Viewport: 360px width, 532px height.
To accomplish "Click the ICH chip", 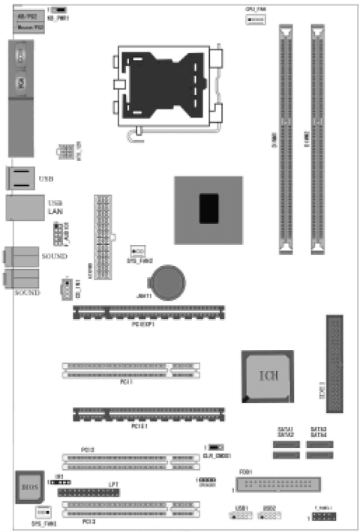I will (268, 374).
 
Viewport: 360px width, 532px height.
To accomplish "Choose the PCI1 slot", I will (132, 369).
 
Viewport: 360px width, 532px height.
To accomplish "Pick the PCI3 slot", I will (132, 509).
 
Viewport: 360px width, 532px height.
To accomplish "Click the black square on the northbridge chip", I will (209, 208).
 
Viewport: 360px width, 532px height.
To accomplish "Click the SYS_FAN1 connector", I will (43, 511).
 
